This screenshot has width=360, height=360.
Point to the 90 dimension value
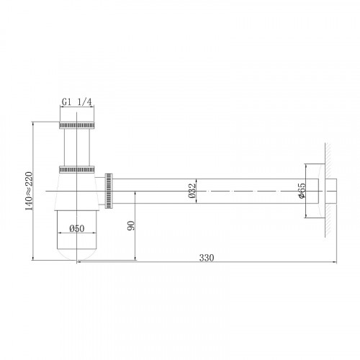pyautogui.click(x=130, y=225)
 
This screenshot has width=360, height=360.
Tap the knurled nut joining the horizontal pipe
pyautogui.click(x=110, y=191)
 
